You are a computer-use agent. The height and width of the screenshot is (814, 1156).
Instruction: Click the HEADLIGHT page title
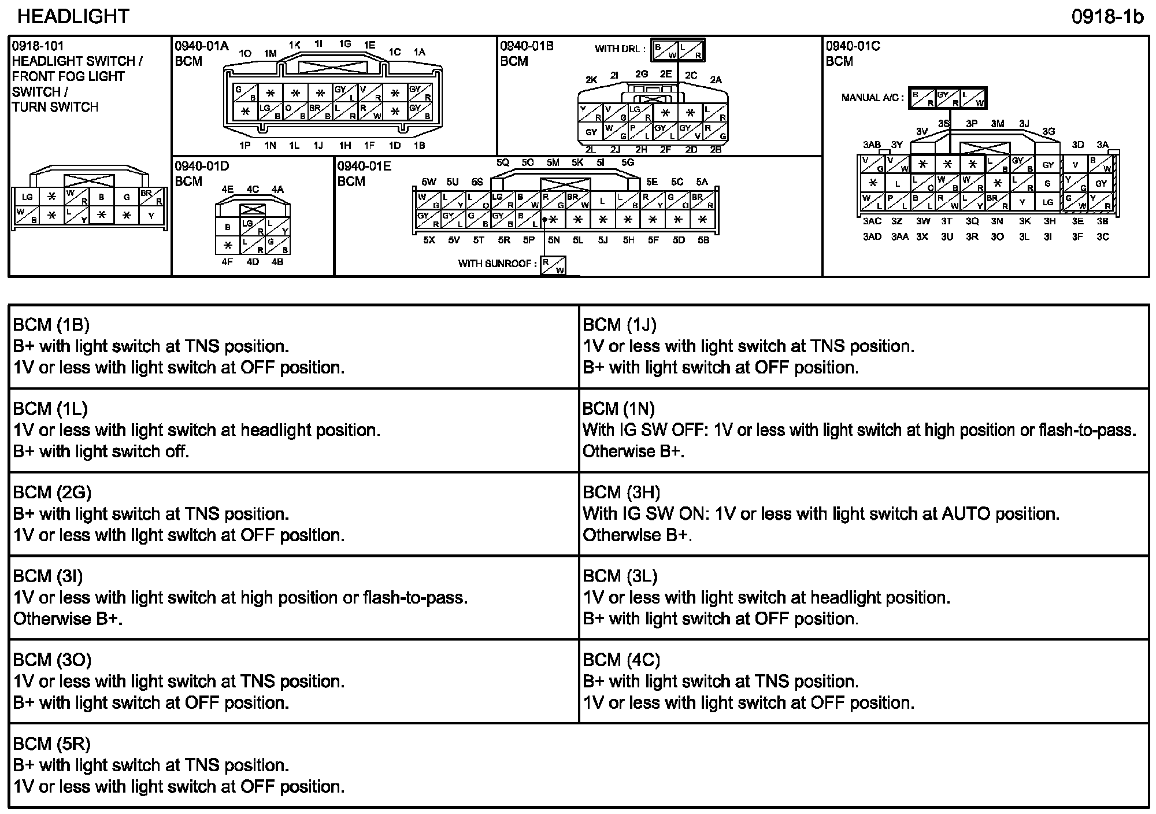[73, 16]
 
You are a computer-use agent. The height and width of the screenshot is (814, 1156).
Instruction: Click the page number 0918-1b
[1107, 17]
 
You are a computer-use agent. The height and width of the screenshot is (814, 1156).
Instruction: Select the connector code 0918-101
[38, 46]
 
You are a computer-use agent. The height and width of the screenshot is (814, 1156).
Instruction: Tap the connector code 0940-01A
[202, 46]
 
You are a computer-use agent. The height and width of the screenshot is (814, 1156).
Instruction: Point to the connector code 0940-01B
[527, 46]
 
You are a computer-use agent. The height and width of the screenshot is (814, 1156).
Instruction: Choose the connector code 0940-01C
[853, 46]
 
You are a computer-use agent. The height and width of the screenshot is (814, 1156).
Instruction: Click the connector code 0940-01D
[202, 166]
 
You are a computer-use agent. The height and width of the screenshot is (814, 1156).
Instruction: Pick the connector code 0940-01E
[364, 166]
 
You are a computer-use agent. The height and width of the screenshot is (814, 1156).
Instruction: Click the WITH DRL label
[620, 49]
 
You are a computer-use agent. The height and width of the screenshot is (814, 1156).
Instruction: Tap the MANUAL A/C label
[872, 98]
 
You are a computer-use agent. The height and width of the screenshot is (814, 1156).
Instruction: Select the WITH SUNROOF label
[494, 264]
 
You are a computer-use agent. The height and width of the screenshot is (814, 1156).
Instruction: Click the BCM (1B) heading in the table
[51, 325]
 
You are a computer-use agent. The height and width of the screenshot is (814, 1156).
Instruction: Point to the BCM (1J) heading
[620, 325]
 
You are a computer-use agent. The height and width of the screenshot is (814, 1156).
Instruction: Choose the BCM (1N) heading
[618, 409]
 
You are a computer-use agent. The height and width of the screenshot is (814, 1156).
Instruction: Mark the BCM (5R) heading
[52, 743]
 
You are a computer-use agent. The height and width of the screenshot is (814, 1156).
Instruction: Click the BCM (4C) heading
[621, 660]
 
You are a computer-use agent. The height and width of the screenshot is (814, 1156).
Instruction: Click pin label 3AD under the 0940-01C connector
[872, 237]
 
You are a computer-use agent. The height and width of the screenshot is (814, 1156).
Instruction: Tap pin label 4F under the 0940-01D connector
[227, 262]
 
